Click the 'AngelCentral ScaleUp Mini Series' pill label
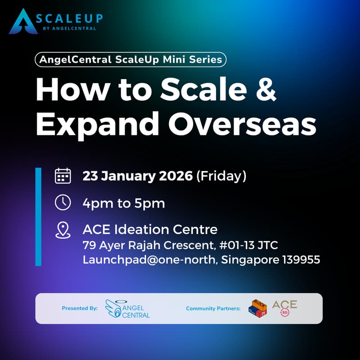130,60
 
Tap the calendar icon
63,175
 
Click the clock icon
63,202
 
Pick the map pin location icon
63,229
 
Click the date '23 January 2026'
138,176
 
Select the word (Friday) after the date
221,176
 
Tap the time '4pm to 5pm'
123,203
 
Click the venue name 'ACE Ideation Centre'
150,229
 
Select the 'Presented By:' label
80,309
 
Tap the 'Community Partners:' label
213,309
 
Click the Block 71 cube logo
257,308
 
